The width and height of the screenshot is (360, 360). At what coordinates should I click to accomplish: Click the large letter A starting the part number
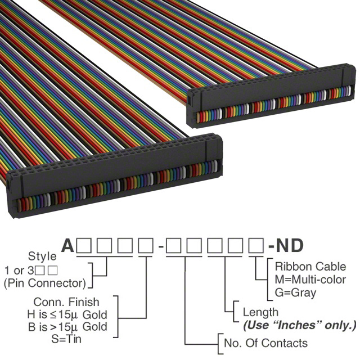(68, 246)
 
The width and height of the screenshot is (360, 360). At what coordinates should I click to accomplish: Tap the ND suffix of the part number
(290, 246)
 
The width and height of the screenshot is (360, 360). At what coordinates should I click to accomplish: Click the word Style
(42, 256)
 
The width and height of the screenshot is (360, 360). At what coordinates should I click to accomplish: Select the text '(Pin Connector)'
(45, 283)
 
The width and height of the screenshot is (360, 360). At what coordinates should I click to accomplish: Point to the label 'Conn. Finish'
(66, 302)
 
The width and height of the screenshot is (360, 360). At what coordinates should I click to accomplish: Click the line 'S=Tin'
(66, 339)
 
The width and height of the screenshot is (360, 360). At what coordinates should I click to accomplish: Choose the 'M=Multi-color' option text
(310, 280)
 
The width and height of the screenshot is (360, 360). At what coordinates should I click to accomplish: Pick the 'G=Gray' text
(295, 292)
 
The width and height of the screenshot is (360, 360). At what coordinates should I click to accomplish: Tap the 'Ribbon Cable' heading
(310, 267)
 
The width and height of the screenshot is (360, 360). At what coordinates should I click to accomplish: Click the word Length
(260, 313)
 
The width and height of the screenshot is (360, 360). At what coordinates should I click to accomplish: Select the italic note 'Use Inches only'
(300, 325)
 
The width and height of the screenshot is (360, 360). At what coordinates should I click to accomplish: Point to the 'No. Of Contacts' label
(265, 343)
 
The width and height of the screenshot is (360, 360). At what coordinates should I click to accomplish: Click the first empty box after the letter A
(84, 246)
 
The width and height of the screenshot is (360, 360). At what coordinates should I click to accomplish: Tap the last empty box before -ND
(256, 246)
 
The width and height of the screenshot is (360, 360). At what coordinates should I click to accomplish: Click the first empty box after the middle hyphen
(174, 246)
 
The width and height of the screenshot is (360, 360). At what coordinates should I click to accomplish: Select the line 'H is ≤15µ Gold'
(67, 314)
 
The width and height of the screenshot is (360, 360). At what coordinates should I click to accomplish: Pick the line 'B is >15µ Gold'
(67, 327)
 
